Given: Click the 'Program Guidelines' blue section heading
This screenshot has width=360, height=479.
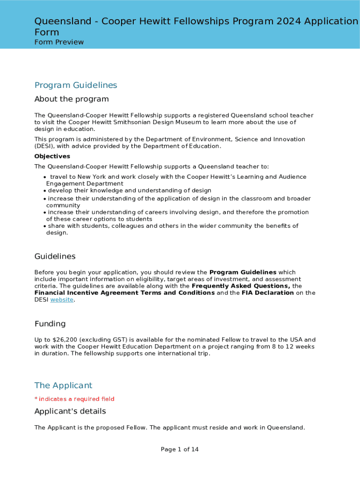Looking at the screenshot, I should tap(76, 85).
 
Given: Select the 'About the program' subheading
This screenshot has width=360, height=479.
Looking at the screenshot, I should tap(72, 99).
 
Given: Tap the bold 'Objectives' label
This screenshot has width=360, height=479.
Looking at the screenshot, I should tap(52, 156).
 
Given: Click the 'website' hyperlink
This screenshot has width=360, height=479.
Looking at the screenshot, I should tap(62, 300).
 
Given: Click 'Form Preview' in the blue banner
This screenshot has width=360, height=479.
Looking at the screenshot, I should tap(59, 42).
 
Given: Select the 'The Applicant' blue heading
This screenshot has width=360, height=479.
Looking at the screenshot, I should tap(63, 385).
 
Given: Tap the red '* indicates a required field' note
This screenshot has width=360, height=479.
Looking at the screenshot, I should tap(74, 399).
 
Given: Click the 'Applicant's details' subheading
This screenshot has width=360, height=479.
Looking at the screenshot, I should tap(70, 411).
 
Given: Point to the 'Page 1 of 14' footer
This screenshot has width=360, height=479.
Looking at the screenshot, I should tap(180, 450).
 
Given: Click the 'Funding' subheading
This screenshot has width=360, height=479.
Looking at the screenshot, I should tap(50, 324).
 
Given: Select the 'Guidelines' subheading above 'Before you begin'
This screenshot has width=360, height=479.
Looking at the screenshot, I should tap(55, 256).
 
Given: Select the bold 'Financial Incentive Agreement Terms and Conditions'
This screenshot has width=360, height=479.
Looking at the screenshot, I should tap(124, 293).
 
